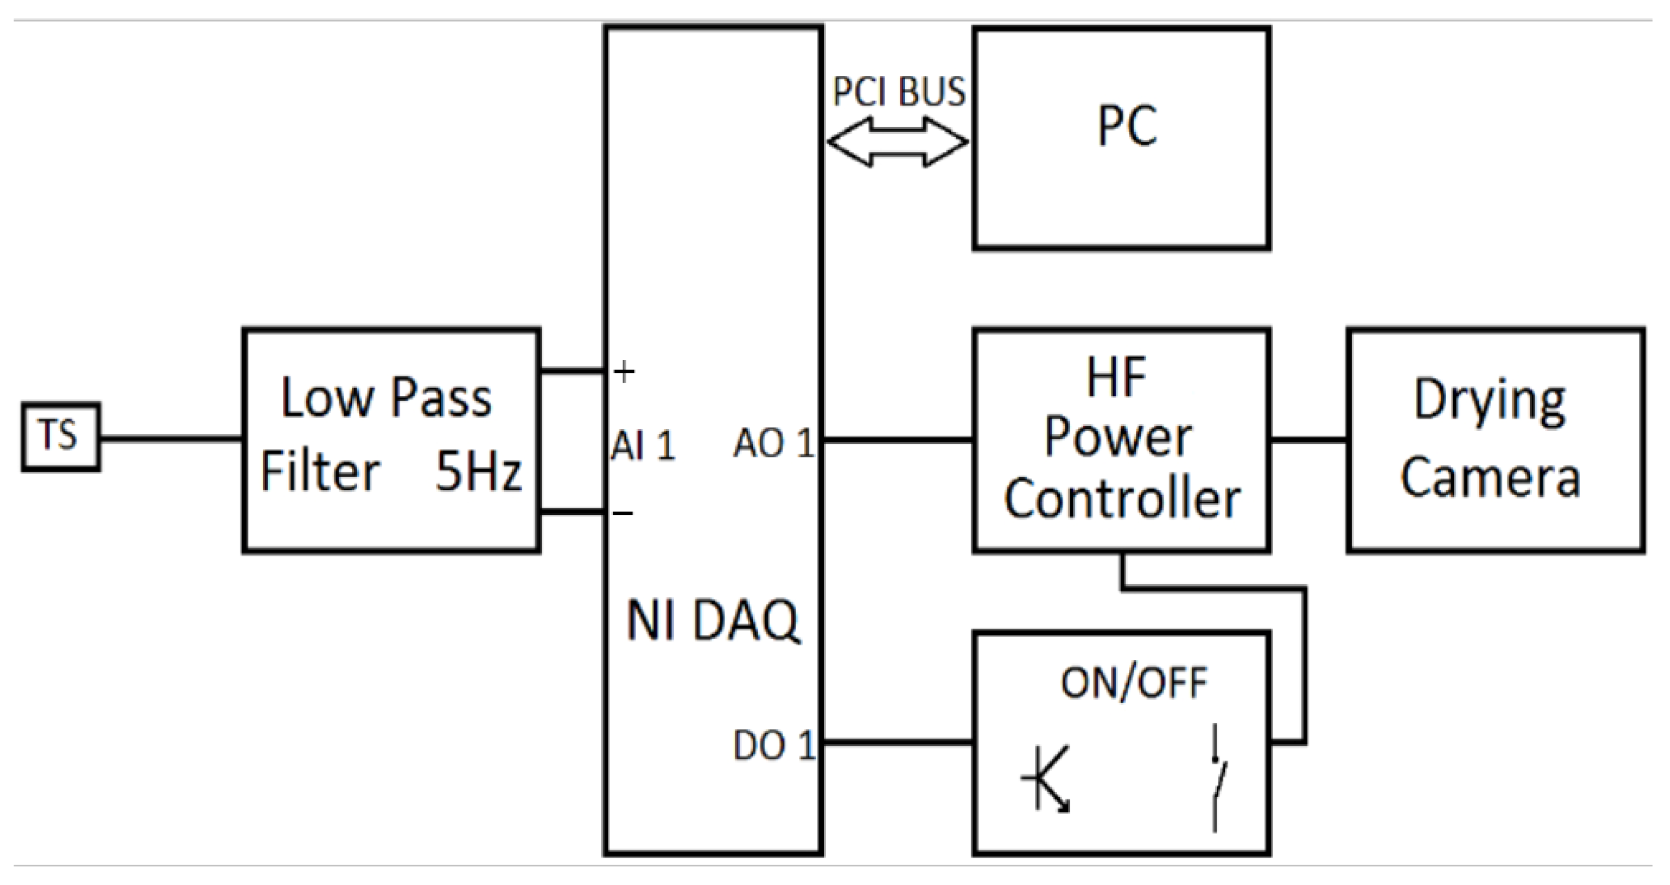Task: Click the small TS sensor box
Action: [60, 437]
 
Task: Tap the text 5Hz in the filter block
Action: [478, 472]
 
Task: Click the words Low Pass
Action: [387, 398]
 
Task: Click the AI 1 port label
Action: [642, 446]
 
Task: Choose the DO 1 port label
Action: [773, 746]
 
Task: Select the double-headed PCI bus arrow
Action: [898, 142]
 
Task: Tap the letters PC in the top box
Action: [1127, 127]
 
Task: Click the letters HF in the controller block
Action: [1116, 377]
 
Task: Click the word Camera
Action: [1490, 478]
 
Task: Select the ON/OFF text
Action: [1133, 682]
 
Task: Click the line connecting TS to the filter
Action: [171, 439]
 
